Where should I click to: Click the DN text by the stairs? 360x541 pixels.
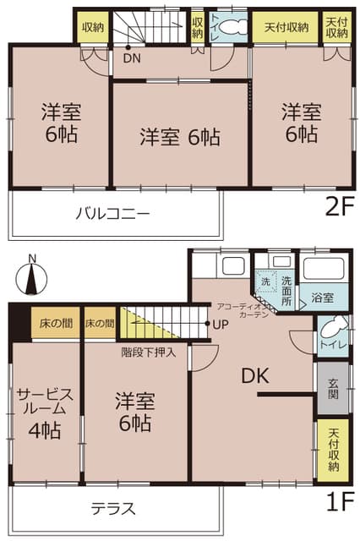(132, 59)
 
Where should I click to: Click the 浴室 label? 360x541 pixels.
(321, 298)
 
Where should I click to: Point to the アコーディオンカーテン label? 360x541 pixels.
(243, 310)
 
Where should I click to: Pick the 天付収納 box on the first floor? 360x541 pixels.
(332, 449)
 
